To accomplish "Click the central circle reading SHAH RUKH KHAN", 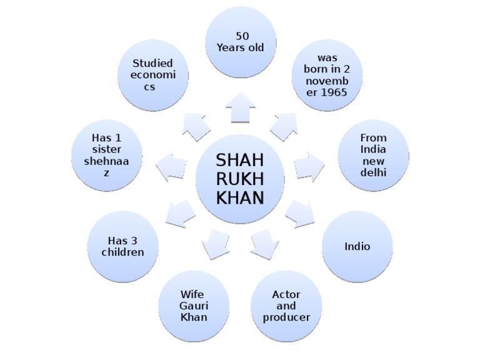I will coord(240,179).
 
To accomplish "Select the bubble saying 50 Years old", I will coord(241,42).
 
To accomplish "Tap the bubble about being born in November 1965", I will coord(327,75).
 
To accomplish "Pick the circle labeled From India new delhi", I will coord(373,155).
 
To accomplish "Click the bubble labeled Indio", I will coord(357,246).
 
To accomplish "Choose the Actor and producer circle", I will coord(286,306).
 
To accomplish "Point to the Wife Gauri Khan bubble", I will coord(194,306).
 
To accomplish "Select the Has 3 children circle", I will coord(123,246).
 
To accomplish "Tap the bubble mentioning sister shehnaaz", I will coord(107,155).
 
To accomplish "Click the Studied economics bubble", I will coord(153,75).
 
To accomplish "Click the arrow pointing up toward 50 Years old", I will coord(241,107).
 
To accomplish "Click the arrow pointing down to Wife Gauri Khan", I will coord(216,242).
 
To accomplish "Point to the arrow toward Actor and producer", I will coord(264,242).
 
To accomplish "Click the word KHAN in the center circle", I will coord(240,198).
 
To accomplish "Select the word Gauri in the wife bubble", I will coord(194,306).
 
